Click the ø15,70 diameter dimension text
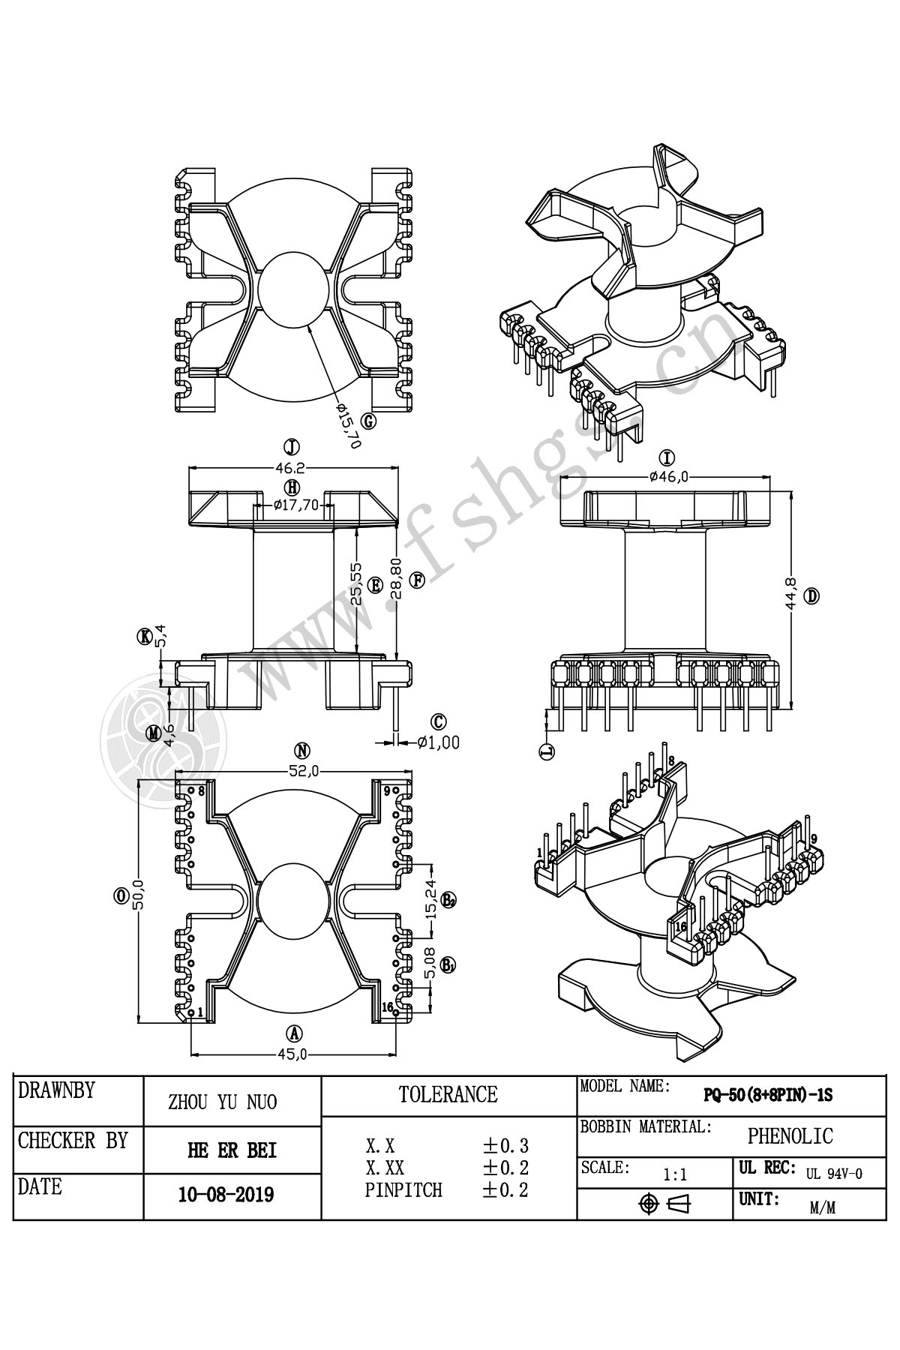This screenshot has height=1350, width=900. (349, 425)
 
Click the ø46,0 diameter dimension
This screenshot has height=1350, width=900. (669, 475)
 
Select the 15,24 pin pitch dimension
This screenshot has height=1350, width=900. (433, 900)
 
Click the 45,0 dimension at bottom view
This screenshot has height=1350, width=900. (292, 1054)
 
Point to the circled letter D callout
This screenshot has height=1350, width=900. (811, 596)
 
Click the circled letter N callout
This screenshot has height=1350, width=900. (302, 751)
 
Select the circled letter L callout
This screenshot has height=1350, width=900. (547, 751)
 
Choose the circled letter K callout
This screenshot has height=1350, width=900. (143, 637)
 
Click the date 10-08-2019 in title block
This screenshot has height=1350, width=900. (226, 1195)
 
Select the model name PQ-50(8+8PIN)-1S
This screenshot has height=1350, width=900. (767, 1096)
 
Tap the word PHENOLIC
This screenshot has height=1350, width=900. (790, 1136)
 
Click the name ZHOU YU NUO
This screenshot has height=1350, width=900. (222, 1102)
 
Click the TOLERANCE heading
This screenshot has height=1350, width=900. (448, 1094)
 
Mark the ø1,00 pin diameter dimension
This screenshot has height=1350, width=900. (439, 742)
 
